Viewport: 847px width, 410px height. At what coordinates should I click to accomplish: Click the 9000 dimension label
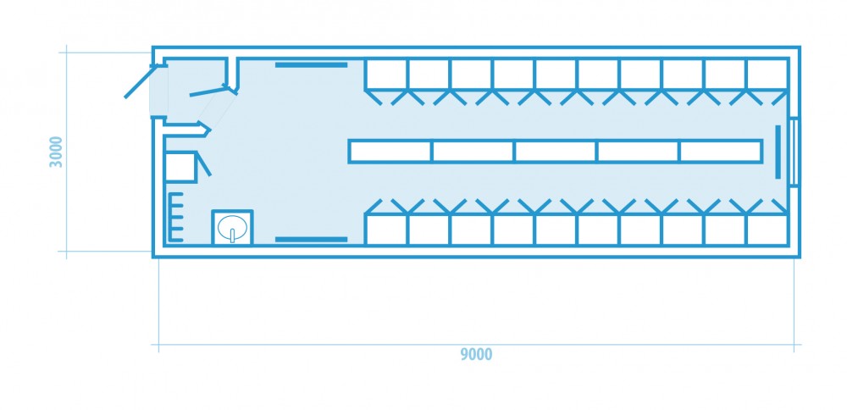coord(476,354)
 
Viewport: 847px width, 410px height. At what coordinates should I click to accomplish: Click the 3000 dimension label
coord(56,152)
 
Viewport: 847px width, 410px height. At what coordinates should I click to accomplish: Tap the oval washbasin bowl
coord(232,227)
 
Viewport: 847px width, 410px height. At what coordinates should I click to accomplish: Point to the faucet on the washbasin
coord(233,234)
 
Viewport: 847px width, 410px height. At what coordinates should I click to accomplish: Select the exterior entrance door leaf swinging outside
coord(139,81)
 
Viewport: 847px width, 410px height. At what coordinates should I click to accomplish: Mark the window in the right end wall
coord(794,152)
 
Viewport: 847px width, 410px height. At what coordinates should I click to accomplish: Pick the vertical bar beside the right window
coord(778,152)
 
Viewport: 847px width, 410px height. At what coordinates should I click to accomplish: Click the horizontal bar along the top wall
coord(311,65)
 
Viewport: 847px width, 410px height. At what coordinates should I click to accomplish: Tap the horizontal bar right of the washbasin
coord(311,239)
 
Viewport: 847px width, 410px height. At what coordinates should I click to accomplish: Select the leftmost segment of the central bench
coord(390,152)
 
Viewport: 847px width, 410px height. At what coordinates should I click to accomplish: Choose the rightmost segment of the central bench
coord(721,152)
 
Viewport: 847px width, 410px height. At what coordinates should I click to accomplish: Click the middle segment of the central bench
coord(556,152)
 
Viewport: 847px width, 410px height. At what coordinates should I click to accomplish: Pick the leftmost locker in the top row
coord(386,74)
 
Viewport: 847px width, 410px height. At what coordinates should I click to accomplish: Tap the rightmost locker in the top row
coord(767,74)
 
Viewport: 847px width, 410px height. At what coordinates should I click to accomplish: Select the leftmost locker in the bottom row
coord(386,230)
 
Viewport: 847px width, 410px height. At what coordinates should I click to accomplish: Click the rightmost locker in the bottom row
coord(767,230)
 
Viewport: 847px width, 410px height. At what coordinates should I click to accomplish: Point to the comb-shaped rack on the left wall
coord(174,217)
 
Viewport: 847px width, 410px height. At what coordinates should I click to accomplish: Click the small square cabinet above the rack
coord(180,168)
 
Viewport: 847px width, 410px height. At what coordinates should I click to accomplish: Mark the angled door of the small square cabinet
coord(203,164)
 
